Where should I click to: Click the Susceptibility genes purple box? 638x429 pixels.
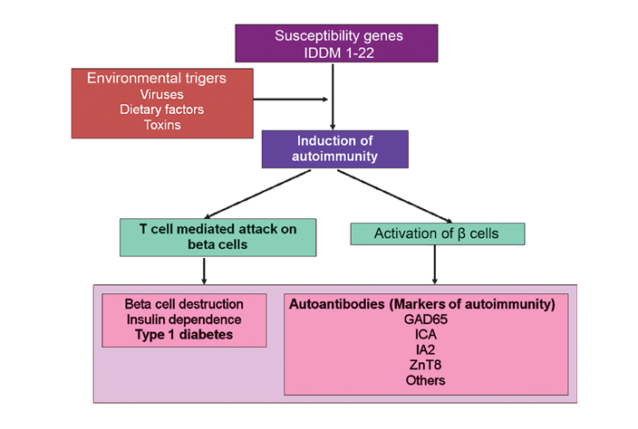coord(336,43)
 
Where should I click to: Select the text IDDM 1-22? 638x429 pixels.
coord(339,52)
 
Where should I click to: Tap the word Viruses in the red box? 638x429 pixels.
coord(162,94)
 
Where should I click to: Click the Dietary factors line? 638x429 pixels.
coord(162,110)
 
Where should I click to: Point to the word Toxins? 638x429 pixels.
coord(162,125)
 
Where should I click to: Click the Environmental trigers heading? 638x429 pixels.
coord(157,78)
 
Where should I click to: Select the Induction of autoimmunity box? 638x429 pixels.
coord(335,149)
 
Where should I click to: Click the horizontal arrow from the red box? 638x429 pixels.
coord(291,100)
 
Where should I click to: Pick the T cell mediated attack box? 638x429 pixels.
coord(217,237)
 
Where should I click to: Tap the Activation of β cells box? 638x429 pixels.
coord(438,234)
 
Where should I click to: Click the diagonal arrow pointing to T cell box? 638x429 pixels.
coord(257,195)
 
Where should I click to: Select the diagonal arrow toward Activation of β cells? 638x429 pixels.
coord(395,196)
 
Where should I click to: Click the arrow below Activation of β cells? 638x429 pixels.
coord(435,264)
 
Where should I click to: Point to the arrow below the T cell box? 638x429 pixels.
coord(204,271)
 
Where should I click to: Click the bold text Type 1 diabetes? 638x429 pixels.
coord(184,335)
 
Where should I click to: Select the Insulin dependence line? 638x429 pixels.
coord(184,319)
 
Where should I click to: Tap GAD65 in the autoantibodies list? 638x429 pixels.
coord(426,319)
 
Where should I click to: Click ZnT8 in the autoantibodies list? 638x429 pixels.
coord(425,365)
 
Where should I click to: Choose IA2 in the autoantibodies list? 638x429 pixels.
coord(425,349)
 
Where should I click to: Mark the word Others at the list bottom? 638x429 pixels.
coord(425,380)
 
